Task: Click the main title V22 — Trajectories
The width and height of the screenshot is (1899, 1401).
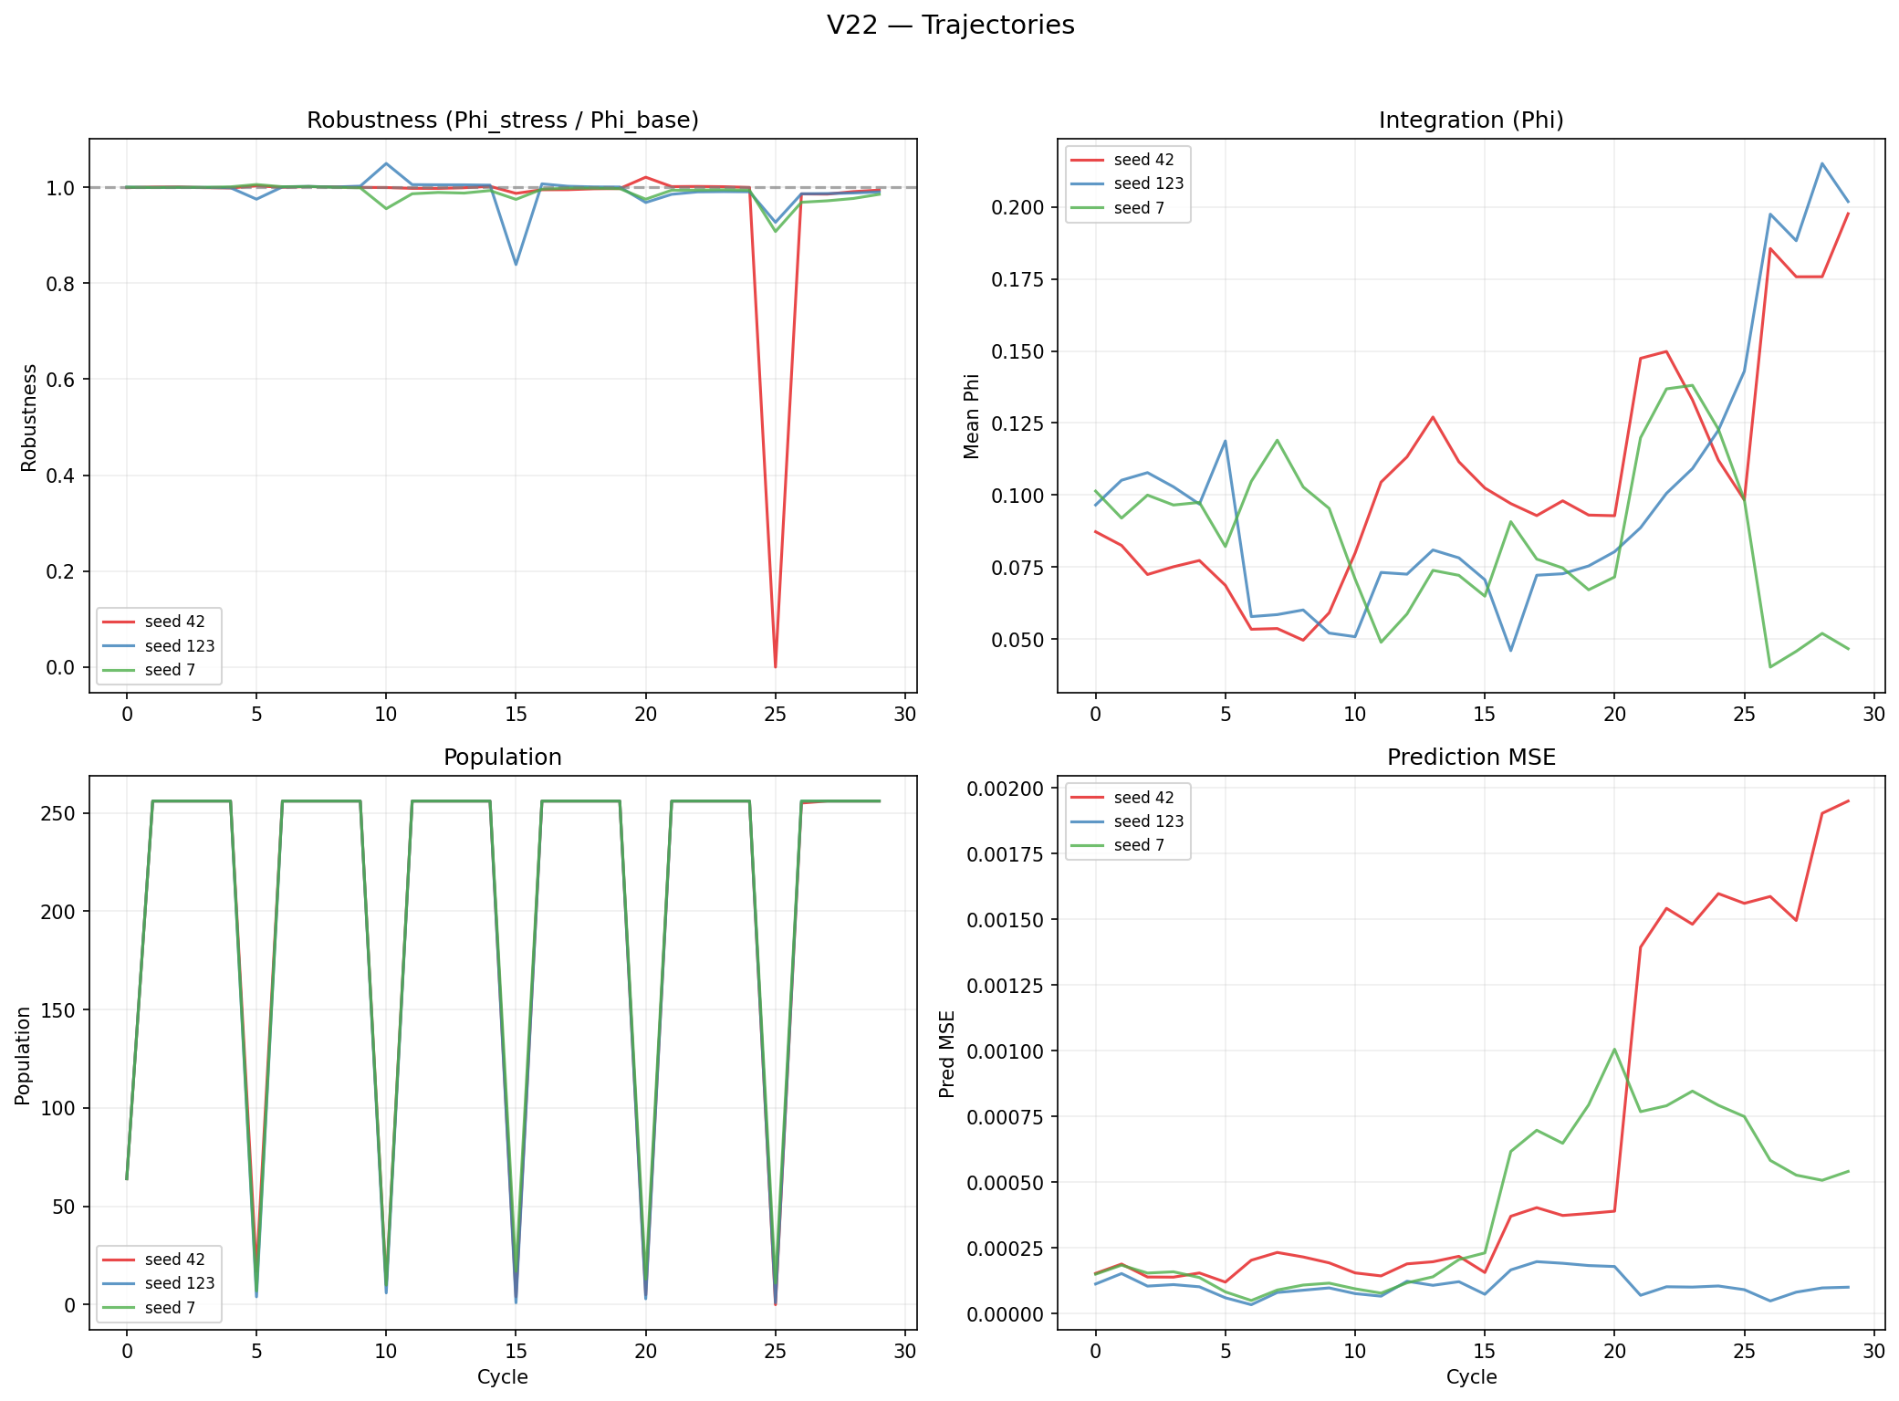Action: [x=950, y=26]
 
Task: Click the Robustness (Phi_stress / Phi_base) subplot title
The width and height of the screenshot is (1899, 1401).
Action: [x=502, y=120]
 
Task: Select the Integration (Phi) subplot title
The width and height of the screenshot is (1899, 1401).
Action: [x=1471, y=120]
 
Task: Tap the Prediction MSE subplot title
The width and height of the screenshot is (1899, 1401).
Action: [x=1471, y=758]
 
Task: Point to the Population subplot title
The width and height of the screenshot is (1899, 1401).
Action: [x=502, y=758]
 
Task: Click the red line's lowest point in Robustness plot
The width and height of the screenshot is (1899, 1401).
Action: [x=776, y=666]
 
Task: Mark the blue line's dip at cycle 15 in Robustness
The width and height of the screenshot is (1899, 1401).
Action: [x=516, y=265]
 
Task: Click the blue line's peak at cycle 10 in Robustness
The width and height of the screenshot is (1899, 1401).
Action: [x=386, y=164]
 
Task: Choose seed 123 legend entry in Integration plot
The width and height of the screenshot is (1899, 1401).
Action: [x=1148, y=183]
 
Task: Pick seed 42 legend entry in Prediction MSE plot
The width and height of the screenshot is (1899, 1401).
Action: [x=1143, y=798]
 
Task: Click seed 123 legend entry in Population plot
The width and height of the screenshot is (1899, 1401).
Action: [x=179, y=1283]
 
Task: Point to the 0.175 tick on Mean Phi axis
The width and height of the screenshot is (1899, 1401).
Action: [x=1017, y=279]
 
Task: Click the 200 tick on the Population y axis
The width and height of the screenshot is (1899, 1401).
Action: [x=58, y=912]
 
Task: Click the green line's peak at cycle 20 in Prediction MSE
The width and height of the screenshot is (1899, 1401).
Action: [x=1614, y=1049]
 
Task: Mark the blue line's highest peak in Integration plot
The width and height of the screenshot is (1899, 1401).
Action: [x=1822, y=164]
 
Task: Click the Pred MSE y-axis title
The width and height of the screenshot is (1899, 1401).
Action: [x=947, y=1053]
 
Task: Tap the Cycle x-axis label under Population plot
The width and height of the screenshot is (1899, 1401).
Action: [x=502, y=1377]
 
